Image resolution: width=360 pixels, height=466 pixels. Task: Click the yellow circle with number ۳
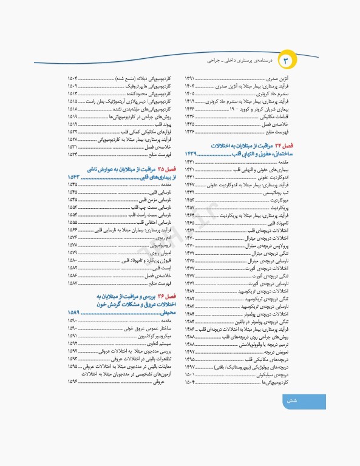click(x=287, y=62)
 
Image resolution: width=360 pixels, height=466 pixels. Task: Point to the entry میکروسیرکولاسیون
click(x=157, y=336)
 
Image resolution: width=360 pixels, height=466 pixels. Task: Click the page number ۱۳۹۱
click(x=190, y=79)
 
